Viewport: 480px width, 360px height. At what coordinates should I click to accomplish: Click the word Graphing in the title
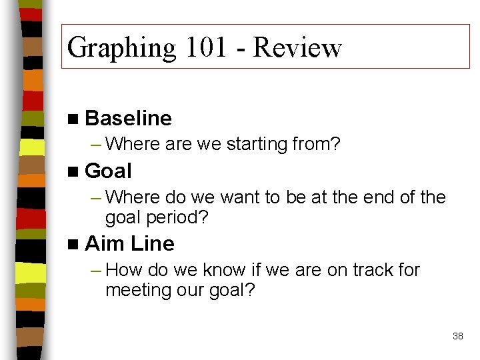click(122, 49)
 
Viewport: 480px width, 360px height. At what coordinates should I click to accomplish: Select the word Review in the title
click(297, 49)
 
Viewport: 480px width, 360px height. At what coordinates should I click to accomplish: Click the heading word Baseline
click(129, 119)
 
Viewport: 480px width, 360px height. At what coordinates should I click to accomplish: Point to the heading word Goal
click(109, 171)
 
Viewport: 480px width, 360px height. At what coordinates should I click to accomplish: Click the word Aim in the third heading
click(105, 244)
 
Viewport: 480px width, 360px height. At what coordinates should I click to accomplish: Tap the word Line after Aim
click(153, 244)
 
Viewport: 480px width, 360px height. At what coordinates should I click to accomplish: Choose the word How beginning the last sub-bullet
click(121, 270)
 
